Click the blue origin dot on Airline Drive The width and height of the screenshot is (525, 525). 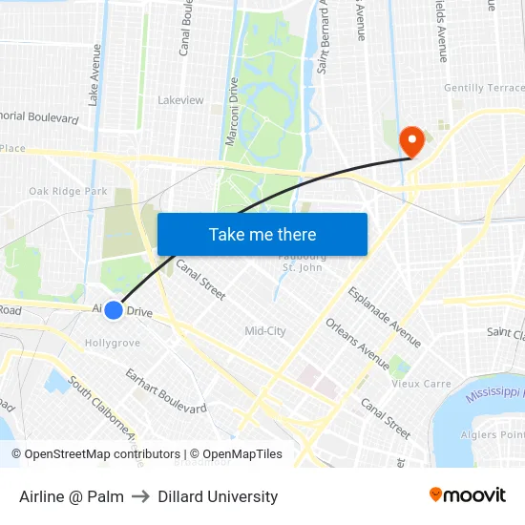tap(113, 310)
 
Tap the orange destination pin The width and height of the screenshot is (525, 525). tap(412, 142)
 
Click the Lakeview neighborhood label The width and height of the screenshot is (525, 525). tap(180, 100)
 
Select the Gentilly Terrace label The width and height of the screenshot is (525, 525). tap(484, 88)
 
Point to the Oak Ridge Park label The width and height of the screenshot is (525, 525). tap(68, 191)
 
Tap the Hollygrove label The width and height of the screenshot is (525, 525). tap(113, 343)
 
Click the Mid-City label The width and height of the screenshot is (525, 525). tap(265, 331)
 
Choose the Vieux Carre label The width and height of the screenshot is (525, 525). tap(421, 384)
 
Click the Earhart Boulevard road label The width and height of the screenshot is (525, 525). tap(165, 390)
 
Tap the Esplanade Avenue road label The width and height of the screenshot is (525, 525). tap(385, 317)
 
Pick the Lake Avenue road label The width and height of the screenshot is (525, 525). tap(95, 75)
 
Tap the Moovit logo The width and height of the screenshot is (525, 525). tap(467, 495)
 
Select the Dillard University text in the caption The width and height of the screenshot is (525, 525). tap(218, 496)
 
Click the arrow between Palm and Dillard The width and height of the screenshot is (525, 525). tap(140, 496)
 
